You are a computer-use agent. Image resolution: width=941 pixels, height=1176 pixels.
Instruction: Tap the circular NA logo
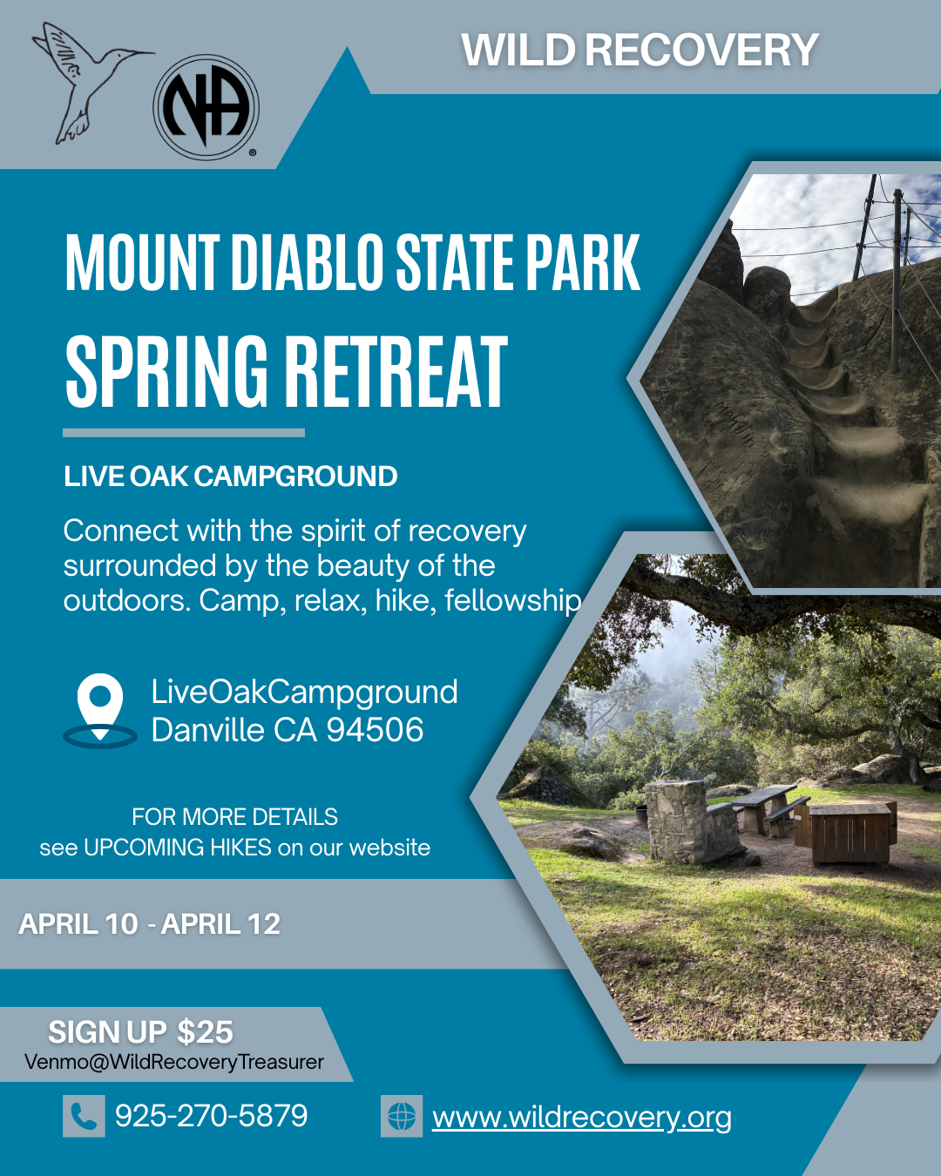(x=206, y=107)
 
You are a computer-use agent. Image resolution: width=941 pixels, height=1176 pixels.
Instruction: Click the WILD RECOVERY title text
(x=640, y=50)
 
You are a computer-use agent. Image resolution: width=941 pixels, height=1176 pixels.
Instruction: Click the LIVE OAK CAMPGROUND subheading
(x=230, y=476)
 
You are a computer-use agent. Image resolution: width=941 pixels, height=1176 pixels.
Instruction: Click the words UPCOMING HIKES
(x=178, y=848)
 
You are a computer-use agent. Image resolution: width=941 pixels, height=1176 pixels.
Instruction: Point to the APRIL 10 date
(x=78, y=924)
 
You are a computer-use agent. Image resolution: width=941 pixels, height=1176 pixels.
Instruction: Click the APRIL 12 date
(x=220, y=924)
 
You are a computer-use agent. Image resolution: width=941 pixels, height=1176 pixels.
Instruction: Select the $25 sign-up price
(x=205, y=1031)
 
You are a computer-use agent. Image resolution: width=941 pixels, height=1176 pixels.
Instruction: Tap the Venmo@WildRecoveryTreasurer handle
(x=174, y=1062)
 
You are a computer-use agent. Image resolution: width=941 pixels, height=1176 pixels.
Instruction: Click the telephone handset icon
(x=84, y=1116)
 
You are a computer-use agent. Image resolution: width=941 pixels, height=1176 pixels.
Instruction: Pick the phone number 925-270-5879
(x=211, y=1115)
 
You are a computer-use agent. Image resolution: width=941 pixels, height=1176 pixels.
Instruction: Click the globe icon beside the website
(x=402, y=1116)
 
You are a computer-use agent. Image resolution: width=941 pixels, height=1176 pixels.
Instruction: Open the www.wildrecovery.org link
(x=582, y=1118)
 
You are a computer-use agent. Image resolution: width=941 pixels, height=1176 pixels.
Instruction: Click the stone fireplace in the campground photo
(x=690, y=822)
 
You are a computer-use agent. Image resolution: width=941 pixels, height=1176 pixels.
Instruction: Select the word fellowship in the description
(x=513, y=601)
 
